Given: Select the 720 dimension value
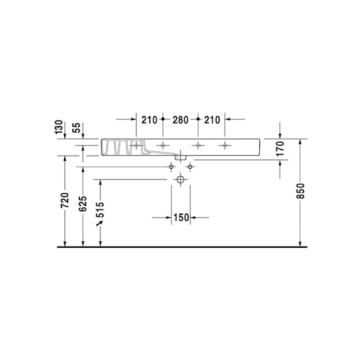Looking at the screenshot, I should coord(66,200).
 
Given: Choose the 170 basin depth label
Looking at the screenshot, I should coord(280,148).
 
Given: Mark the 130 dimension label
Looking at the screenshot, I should coord(60,127).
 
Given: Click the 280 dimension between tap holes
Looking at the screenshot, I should coord(180,120).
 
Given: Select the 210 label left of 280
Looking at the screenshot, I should coord(149,120).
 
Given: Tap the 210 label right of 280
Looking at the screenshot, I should coord(212,120).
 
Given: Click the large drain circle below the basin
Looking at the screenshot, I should coord(180,179).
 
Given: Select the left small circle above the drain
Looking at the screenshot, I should coord(171,167).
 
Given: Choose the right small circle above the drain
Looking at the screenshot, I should coord(190,167).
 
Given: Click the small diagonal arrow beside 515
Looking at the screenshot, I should coord(99,223).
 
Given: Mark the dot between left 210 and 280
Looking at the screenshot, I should coord(163,119).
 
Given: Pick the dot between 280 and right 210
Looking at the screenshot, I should coord(198,119).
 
